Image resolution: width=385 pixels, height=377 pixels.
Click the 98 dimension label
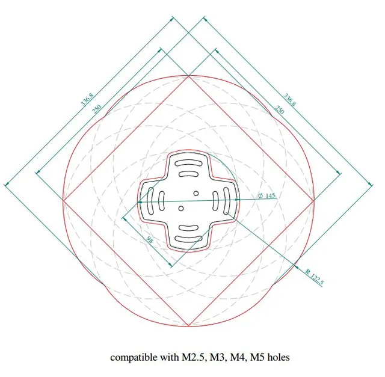tap(150, 239)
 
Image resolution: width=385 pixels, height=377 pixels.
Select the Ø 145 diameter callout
tap(266, 195)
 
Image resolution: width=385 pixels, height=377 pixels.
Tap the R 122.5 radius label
tap(315, 277)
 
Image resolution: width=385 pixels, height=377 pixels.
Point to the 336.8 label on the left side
tap(87, 99)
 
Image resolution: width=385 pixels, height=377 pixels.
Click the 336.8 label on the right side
tap(290, 99)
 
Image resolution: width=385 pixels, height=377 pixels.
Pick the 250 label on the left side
tap(96, 109)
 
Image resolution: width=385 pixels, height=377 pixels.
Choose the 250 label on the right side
tap(279, 109)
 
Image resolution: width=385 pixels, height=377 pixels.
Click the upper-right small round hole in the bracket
tap(196, 194)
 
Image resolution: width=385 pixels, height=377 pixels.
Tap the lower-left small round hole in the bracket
tap(181, 209)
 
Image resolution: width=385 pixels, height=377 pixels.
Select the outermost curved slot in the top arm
tap(188, 163)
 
